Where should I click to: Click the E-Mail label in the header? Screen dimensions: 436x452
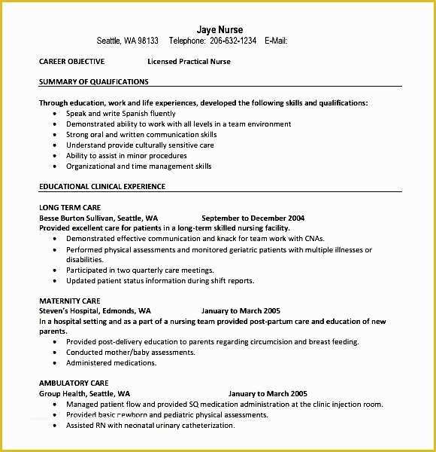coord(276,41)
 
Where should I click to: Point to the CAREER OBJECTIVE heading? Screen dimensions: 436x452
coord(71,62)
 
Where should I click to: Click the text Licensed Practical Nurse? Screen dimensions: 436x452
coord(189,62)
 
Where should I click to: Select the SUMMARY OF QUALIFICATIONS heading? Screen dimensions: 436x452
coord(93,81)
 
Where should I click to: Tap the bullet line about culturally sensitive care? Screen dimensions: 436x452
coord(140,145)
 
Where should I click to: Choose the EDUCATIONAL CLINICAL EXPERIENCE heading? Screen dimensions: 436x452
coord(102,186)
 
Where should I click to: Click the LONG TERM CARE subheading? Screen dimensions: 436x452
coord(70,207)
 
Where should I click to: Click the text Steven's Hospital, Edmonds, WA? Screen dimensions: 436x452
coord(95,310)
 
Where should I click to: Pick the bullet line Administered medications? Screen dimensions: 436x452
coord(111,362)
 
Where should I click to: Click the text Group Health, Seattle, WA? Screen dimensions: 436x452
coord(84,393)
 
